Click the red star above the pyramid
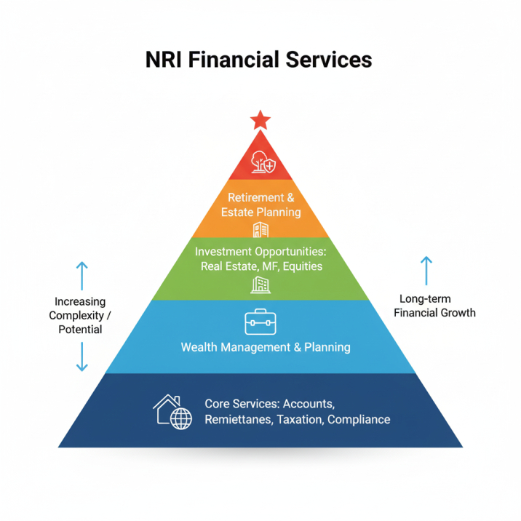(260, 120)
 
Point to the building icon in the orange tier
(260, 230)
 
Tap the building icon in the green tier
(260, 285)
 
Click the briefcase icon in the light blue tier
(260, 321)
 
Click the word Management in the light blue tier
(255, 347)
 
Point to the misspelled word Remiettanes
(238, 419)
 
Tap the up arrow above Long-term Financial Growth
(426, 270)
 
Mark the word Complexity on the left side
(76, 315)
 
